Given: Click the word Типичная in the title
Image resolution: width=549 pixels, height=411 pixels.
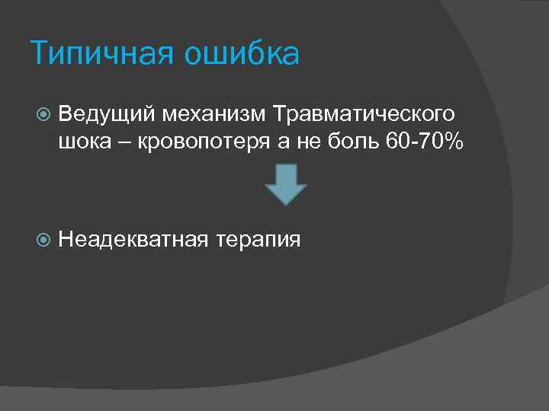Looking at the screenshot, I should [x=95, y=55].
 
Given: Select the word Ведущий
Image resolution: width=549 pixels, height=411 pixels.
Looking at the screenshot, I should [x=104, y=114].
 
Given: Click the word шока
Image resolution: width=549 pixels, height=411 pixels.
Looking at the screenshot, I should [x=82, y=143].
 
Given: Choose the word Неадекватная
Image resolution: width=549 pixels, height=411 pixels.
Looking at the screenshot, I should [x=133, y=241].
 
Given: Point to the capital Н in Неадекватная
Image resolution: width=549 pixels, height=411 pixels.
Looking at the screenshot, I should [x=65, y=241].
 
